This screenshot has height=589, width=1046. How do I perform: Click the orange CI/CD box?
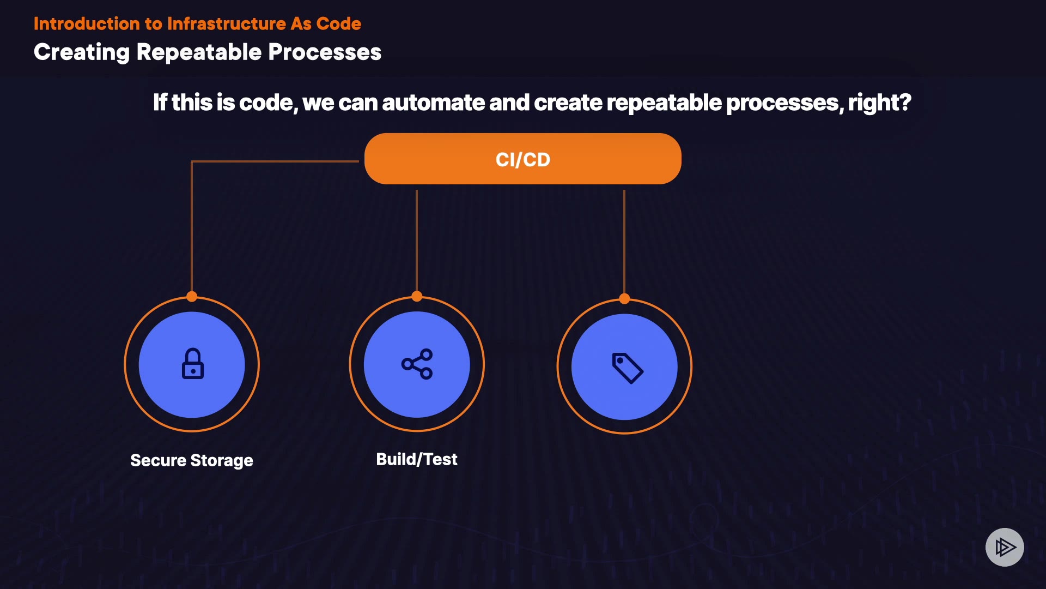[522, 159]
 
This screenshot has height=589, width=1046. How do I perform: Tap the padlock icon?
[192, 364]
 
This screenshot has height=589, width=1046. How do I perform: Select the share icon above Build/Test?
[417, 364]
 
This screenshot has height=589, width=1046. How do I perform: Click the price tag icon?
[627, 368]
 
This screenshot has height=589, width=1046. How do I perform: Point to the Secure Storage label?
[191, 460]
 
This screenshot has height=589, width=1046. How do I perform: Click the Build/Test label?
[416, 459]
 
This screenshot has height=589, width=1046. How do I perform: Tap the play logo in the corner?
[1005, 547]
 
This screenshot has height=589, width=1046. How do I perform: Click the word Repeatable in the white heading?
[199, 52]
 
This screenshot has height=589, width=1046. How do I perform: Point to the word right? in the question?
[879, 103]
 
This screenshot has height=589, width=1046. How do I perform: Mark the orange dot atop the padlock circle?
[192, 297]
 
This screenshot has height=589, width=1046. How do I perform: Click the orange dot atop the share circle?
[417, 296]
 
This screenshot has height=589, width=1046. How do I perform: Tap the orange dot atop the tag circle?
[624, 298]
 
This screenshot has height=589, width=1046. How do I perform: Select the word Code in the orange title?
[338, 24]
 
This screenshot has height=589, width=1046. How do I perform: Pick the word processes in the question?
[784, 103]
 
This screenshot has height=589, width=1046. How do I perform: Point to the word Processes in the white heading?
[325, 52]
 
